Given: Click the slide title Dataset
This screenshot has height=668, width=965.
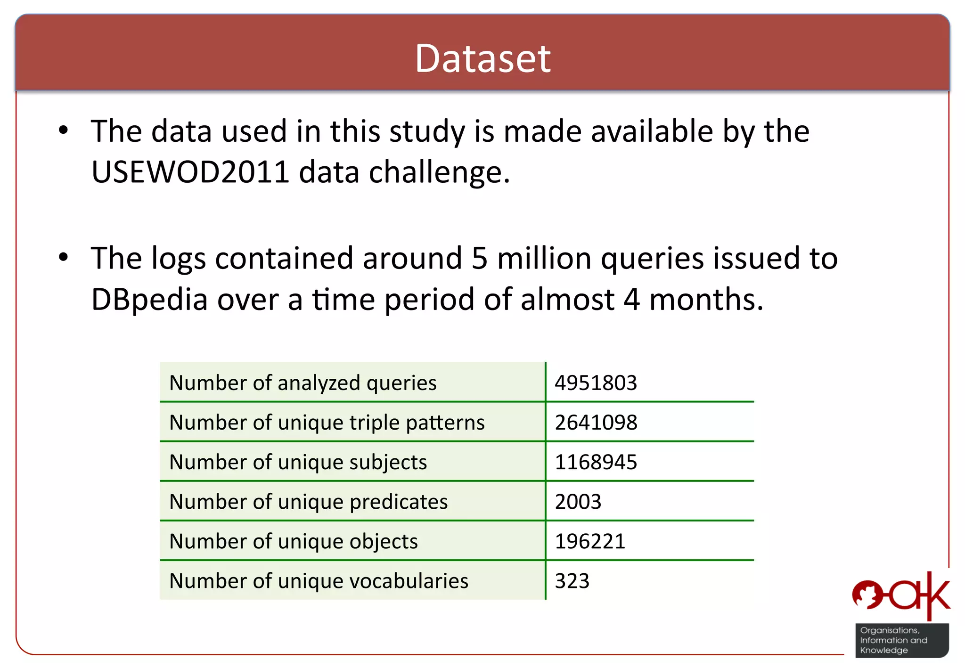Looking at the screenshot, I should pos(482,58).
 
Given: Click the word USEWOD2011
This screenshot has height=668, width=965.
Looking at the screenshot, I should pos(190,172).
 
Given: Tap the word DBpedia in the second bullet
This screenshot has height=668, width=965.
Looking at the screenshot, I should pos(149,300).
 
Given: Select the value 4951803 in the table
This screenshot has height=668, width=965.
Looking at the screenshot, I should pos(596,383).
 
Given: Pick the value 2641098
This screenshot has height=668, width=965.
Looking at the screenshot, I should pos(596,422).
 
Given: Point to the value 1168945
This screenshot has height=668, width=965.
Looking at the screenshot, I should pos(596,462).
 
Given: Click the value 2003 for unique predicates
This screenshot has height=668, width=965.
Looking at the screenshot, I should pos(578,501).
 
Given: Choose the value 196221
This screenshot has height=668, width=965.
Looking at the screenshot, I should pos(590,541).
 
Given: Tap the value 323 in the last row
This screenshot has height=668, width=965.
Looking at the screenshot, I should pos(572,580).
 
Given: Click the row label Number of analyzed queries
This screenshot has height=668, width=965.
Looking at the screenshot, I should pos(303,383).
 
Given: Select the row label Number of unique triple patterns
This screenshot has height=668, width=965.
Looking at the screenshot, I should pos(327,422).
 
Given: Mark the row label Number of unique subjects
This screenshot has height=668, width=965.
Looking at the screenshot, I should pos(298,462).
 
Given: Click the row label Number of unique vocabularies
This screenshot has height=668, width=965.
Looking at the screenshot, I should pos(319,580).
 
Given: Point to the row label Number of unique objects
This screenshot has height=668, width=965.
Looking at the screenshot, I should pos(293,541).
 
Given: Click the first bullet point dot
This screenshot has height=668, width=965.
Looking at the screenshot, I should pos(63,130).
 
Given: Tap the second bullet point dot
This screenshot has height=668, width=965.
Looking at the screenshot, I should pos(63,258).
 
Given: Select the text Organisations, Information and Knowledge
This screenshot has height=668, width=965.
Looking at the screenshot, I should pos(893,640).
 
